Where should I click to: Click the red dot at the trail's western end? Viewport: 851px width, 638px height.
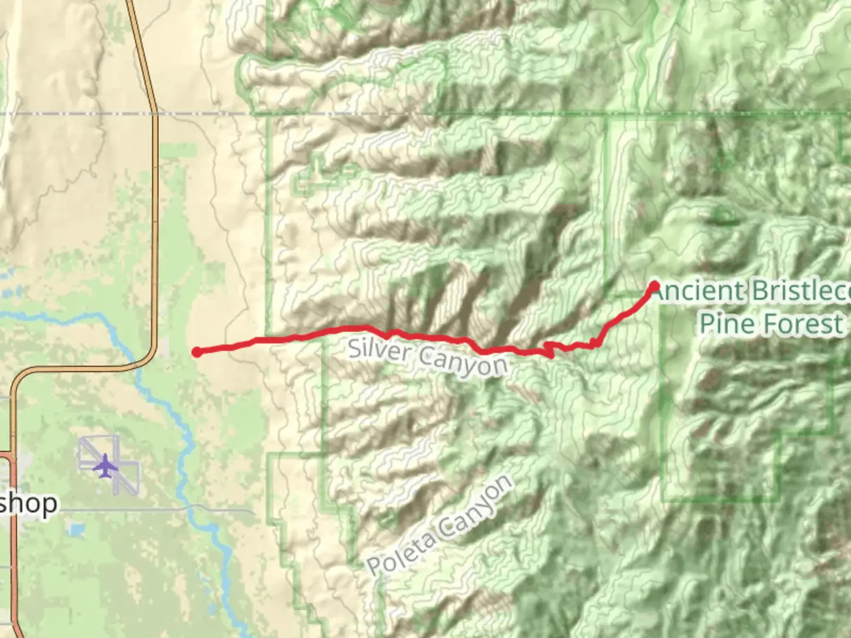(197, 352)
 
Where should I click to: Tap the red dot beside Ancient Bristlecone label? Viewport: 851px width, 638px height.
(654, 287)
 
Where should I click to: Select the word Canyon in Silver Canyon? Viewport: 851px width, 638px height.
(463, 360)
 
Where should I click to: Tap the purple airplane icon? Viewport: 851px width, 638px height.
(106, 466)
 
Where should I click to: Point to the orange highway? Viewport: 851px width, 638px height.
(155, 236)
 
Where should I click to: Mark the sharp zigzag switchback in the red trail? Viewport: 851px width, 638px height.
(550, 349)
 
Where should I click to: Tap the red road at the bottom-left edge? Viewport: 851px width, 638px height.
(13, 532)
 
